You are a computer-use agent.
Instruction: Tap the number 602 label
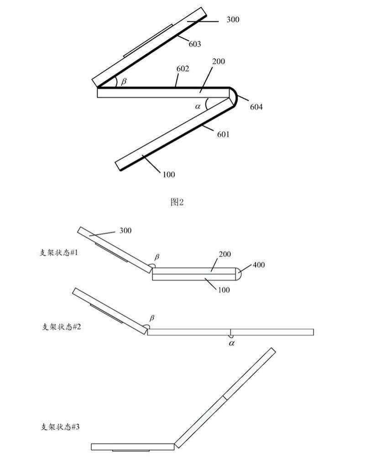tap(183, 69)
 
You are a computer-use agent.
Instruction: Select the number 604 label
tap(256, 107)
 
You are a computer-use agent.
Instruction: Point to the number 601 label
tap(223, 134)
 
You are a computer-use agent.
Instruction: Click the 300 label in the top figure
tap(232, 20)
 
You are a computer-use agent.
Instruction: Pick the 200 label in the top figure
tap(219, 61)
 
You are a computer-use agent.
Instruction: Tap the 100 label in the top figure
tap(168, 174)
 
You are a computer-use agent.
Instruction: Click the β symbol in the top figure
tap(123, 81)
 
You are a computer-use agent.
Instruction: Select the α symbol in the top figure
tap(198, 106)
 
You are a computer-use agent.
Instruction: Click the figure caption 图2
tap(177, 202)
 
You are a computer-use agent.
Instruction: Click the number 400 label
tap(258, 265)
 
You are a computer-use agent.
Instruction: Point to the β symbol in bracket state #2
tap(152, 318)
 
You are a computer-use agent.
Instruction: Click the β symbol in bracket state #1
tap(158, 256)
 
